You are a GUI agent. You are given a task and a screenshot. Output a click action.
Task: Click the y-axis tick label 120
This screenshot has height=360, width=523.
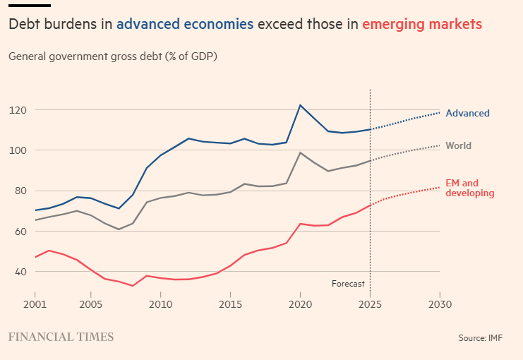[x=17, y=110]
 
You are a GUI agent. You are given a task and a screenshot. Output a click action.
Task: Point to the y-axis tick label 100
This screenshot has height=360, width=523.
[x=17, y=150]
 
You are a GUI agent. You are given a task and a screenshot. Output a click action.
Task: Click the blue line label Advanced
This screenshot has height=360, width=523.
[x=467, y=113]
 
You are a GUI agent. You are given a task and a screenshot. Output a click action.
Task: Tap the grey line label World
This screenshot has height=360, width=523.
[x=458, y=146]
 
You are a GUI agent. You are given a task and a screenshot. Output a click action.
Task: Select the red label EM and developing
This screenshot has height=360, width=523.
[x=469, y=188]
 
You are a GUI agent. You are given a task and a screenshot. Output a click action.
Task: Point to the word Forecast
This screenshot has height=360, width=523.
[x=348, y=284]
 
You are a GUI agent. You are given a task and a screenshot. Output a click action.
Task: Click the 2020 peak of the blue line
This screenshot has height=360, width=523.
[x=300, y=105]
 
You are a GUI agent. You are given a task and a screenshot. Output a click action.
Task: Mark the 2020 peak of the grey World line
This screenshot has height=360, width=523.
[x=300, y=152]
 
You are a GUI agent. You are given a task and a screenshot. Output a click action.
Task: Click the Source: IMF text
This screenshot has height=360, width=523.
[x=481, y=338]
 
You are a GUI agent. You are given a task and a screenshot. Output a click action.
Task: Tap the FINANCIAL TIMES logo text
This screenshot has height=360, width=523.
[x=61, y=337]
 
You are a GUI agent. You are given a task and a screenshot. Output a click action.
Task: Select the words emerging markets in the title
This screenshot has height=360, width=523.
[x=422, y=24]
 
